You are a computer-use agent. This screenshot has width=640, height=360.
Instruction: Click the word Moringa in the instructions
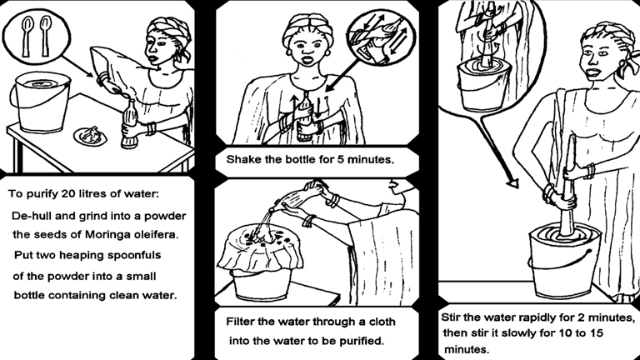tap(106, 235)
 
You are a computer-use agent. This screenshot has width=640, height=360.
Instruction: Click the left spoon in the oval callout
tap(27, 36)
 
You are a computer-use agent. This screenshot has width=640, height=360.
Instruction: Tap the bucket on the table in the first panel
tap(41, 102)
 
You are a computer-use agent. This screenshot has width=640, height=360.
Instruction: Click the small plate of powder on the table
tap(90, 136)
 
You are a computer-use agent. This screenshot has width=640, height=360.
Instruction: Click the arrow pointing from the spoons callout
tap(77, 67)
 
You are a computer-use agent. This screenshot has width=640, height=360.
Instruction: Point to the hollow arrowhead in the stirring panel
tap(513, 183)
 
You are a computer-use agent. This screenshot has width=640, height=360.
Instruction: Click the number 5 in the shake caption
tap(340, 159)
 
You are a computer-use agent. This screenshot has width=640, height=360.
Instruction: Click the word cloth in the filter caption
tap(382, 322)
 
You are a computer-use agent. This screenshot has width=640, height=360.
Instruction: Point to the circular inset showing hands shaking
tap(380, 37)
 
